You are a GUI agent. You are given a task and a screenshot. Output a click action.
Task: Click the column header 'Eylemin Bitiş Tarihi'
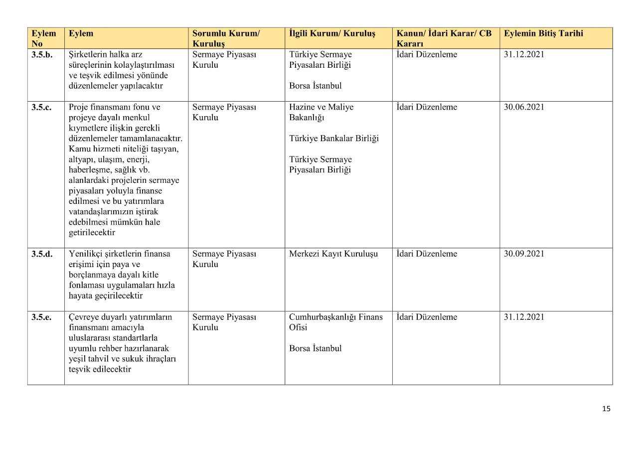pos(543,33)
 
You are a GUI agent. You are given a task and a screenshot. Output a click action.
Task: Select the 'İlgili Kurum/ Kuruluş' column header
pos(332,33)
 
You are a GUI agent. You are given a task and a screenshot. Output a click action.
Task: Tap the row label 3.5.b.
pos(42,55)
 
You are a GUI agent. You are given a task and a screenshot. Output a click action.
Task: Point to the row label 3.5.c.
pos(41,107)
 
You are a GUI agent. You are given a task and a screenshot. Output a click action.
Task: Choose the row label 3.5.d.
pos(42,254)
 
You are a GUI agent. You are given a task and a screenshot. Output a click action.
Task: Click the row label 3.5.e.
pos(41,317)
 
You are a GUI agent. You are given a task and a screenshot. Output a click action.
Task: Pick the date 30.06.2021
pos(524,107)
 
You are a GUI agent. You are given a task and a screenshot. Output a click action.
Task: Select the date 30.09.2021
pos(524,254)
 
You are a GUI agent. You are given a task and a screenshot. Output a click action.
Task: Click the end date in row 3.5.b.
pos(524,55)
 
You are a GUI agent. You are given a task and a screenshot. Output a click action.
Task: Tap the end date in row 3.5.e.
pos(524,317)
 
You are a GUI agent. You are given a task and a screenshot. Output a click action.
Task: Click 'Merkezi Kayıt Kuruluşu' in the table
pos(333,254)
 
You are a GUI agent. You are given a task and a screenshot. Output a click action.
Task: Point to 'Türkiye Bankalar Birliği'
pos(333,138)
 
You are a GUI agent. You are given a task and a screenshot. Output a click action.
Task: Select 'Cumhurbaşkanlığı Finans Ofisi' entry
pos(335,322)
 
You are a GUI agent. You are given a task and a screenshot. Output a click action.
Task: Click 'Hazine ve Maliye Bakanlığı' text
pos(321,112)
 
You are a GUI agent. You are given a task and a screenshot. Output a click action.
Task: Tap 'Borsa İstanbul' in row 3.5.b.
pos(315,86)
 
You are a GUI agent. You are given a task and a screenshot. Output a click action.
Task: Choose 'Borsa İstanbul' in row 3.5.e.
pos(315,348)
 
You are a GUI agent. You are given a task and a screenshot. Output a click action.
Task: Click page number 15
pos(606,409)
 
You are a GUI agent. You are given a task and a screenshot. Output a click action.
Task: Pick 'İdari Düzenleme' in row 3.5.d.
pos(427,254)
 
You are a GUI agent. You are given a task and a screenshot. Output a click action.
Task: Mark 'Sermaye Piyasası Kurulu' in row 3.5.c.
pos(224,112)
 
